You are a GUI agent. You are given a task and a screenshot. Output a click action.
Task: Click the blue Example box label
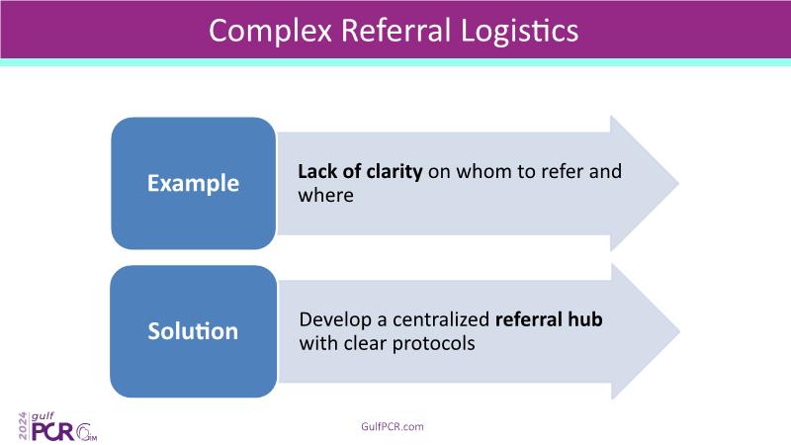click(x=193, y=183)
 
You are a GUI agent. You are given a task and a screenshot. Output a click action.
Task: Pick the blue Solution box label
click(x=193, y=330)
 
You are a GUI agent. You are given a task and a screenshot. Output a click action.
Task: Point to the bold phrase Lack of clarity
click(x=360, y=171)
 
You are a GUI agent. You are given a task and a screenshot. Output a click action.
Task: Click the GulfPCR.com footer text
click(x=395, y=426)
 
